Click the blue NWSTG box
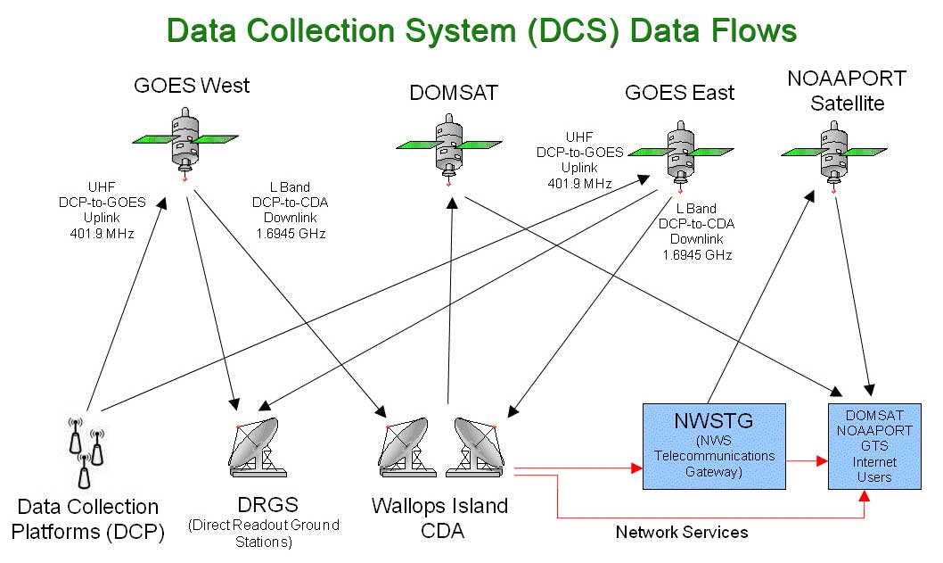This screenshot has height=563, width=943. (714, 445)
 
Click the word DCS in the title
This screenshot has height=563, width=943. (575, 30)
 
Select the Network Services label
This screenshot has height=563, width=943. (682, 533)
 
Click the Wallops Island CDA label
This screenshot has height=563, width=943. (439, 518)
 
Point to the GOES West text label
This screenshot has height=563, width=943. (192, 87)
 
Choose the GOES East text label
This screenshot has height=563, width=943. (679, 92)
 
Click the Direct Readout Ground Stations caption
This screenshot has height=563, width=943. (263, 533)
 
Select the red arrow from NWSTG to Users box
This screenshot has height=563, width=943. (807, 461)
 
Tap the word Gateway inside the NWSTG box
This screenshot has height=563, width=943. (715, 472)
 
